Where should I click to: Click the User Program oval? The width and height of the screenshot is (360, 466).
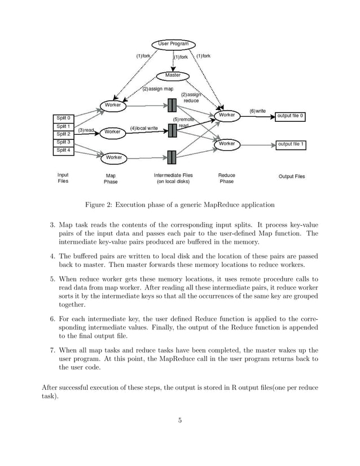point(174,43)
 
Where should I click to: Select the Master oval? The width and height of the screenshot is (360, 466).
point(173,75)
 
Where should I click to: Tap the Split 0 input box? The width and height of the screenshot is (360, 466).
point(63,117)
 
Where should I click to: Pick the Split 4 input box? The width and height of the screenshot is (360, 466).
point(63,150)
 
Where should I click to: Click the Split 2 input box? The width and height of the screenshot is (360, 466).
point(63,134)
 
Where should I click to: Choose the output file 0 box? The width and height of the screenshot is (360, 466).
point(291,116)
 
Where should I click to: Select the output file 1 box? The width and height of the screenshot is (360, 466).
point(291,144)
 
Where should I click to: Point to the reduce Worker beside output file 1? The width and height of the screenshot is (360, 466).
point(227,144)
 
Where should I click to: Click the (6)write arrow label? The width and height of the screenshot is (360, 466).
point(257,111)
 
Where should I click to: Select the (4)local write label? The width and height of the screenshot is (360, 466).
point(144,129)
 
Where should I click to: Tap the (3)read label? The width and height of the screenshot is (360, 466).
point(86,130)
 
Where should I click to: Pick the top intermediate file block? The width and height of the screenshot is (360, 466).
point(173,105)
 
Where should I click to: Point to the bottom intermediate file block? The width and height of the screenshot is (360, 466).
point(173,156)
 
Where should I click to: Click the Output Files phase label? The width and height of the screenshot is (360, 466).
point(292,177)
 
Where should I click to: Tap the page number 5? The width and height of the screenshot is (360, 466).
point(179,419)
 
